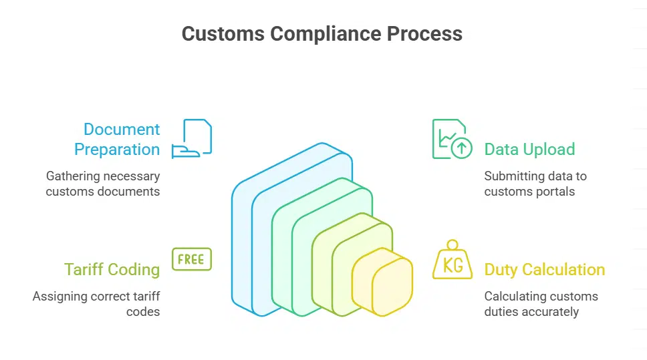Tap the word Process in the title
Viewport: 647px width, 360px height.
click(428, 34)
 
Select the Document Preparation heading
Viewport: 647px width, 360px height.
click(117, 139)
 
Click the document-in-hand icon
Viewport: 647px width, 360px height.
click(192, 139)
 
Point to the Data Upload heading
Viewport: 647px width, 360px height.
click(529, 149)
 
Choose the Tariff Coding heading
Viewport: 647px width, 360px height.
click(112, 269)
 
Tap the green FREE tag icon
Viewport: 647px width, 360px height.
click(192, 259)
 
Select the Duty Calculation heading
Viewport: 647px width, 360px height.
click(544, 269)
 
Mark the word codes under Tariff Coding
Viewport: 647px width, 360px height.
click(143, 311)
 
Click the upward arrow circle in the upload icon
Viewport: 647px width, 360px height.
click(461, 148)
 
